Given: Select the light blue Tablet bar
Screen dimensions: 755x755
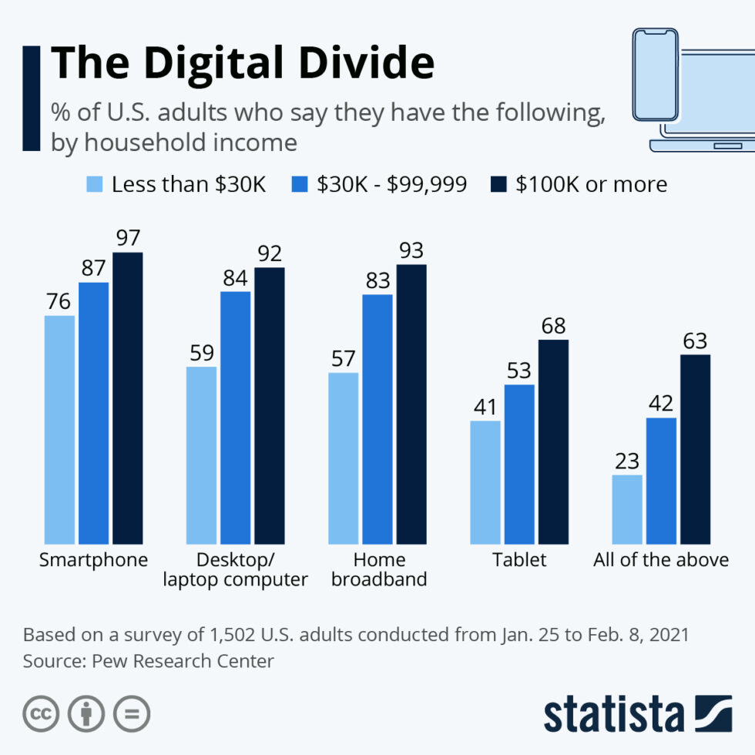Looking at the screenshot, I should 485,482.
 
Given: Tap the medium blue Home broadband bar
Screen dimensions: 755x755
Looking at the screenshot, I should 377,419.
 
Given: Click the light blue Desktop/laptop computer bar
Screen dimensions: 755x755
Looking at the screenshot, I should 201,455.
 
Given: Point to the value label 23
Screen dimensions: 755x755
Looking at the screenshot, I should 626,461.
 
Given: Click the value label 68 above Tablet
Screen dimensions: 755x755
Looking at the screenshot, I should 553,325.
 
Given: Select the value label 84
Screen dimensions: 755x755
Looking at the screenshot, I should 235,277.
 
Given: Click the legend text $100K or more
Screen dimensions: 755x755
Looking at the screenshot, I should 592,184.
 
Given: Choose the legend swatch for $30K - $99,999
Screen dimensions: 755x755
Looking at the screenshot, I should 300,184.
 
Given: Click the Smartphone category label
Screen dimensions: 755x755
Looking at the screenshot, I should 93,560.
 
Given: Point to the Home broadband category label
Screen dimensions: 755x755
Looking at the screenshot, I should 379,569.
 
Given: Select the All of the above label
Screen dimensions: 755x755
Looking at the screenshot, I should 661,560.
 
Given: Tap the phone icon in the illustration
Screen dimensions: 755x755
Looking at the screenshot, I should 655,75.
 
